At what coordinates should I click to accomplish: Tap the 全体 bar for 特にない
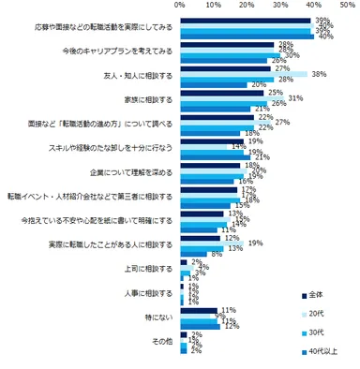coord(197,310)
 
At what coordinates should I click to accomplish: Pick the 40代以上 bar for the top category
coord(244,37)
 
